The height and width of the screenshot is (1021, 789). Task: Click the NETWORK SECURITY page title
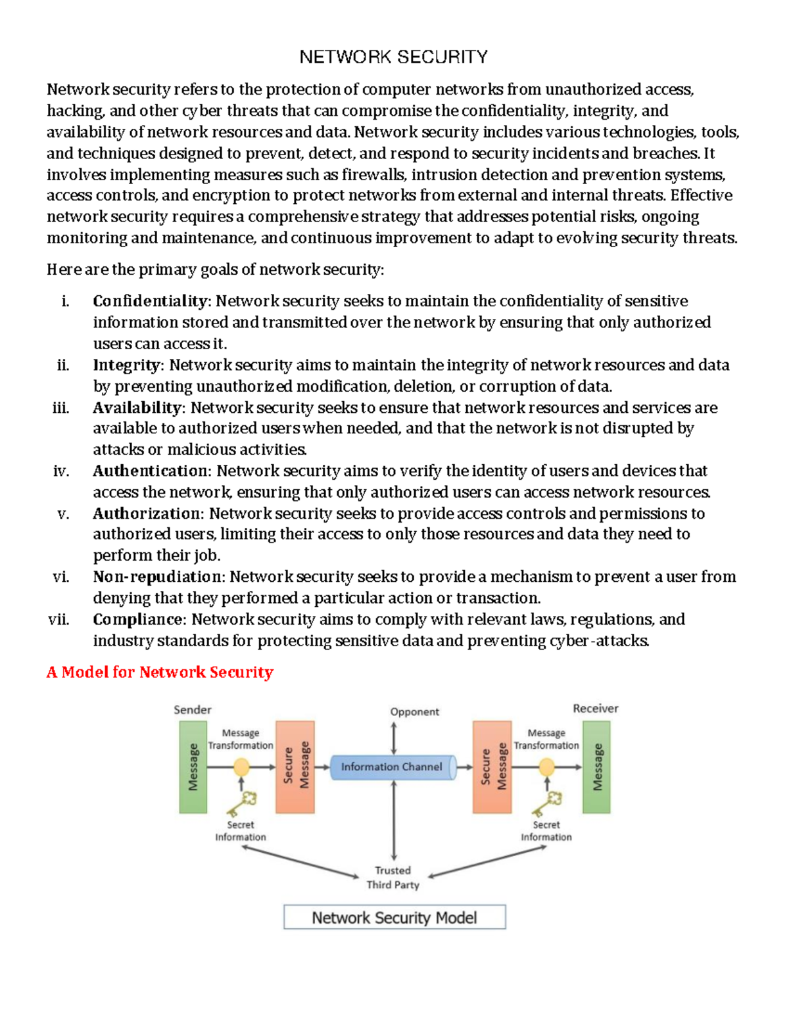(393, 57)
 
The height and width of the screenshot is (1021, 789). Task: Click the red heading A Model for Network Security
(160, 672)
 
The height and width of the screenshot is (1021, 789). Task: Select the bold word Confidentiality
(150, 301)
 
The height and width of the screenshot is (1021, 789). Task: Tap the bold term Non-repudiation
(158, 577)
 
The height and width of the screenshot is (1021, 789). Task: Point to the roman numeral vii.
(59, 619)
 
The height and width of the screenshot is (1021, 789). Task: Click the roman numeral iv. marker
(60, 471)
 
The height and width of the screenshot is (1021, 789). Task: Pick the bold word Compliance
(139, 619)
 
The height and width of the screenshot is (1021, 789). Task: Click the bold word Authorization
(148, 513)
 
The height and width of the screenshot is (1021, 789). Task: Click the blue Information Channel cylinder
(393, 767)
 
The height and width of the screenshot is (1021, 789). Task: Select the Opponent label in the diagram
(414, 712)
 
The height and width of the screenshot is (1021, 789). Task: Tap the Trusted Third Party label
(393, 878)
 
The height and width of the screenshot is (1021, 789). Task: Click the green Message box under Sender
(193, 767)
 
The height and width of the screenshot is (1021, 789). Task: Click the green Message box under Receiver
(596, 767)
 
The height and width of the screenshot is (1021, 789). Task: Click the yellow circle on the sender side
(241, 767)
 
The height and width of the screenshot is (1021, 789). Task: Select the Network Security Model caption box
(394, 917)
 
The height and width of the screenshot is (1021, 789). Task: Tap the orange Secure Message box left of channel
(295, 767)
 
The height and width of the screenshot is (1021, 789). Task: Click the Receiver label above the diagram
(595, 709)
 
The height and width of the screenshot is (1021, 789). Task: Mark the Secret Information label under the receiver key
(546, 831)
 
